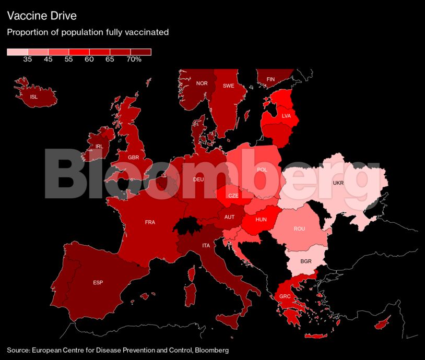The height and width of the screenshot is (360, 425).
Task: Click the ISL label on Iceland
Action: click(34, 97)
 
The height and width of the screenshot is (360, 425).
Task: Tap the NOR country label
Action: click(202, 83)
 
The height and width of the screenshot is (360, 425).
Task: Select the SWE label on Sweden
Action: click(228, 86)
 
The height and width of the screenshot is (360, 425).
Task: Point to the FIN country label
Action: click(270, 79)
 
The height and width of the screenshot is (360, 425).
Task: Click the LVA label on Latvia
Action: click(287, 116)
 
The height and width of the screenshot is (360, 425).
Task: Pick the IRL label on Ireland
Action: click(99, 147)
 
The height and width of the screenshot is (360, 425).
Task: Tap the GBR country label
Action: click(134, 157)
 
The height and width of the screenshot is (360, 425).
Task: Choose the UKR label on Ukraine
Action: click(338, 183)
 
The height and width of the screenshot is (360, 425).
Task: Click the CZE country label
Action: click(233, 196)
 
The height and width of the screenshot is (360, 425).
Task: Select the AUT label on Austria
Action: click(230, 217)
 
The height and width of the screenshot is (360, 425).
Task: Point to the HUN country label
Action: click(261, 220)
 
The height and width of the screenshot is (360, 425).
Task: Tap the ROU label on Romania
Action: click(299, 229)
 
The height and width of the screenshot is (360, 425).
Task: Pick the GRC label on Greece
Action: click(285, 297)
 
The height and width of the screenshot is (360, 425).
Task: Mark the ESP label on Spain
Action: click(98, 283)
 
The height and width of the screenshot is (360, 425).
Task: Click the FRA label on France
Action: click(150, 222)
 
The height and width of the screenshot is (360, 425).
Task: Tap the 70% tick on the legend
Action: click(134, 59)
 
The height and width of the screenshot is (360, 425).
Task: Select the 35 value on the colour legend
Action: click(28, 59)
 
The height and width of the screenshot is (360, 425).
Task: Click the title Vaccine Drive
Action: click(42, 16)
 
